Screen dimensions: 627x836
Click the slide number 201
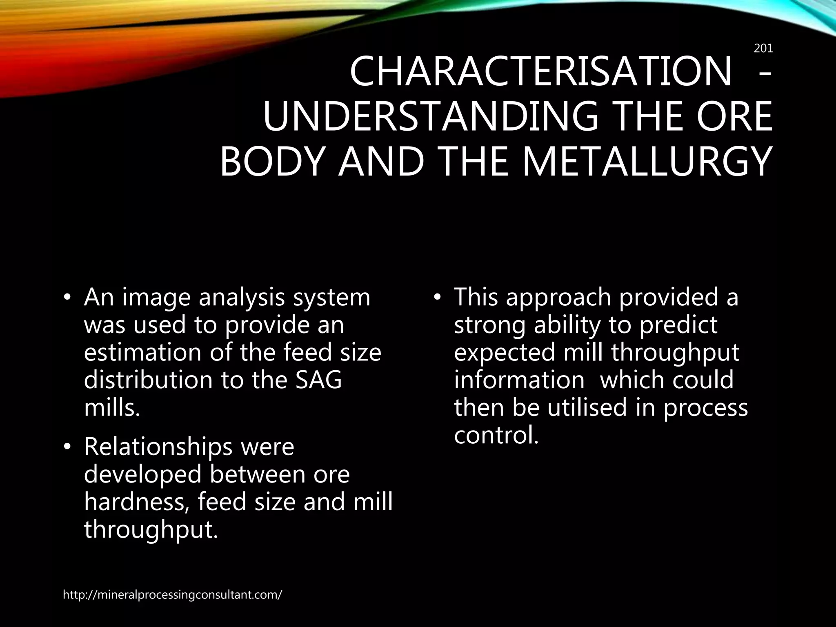763,49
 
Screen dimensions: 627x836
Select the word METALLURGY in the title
647,162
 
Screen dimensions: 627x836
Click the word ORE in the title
734,117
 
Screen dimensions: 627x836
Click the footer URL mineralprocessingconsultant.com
172,595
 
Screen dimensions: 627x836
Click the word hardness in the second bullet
136,502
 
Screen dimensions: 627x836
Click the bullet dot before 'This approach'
437,298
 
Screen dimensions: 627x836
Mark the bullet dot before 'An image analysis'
67,298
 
